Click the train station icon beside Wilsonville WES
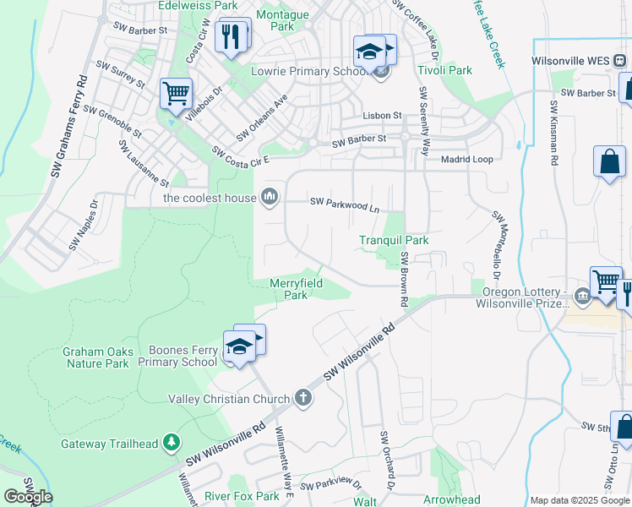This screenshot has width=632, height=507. coord(619,61)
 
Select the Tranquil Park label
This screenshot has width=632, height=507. coord(394,241)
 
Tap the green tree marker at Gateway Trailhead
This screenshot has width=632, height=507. coord(172,442)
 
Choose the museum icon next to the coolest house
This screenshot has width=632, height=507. coord(270,198)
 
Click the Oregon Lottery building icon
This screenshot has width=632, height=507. coord(582,296)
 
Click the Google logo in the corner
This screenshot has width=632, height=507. coord(28,496)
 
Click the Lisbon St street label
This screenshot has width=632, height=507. coord(382,115)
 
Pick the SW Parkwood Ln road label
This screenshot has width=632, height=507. coord(345,203)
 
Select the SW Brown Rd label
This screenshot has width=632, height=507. coord(405,280)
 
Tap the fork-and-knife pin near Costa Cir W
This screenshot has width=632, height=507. coord(229,35)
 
